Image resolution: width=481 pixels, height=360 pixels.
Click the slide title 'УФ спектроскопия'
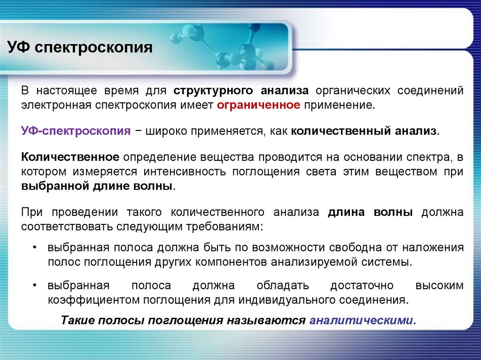pos(79,48)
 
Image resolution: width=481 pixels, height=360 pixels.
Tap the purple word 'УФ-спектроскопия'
pos(76,130)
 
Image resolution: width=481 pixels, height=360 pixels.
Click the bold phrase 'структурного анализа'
pos(241,91)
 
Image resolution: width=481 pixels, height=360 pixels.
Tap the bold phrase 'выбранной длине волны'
pos(97,185)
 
